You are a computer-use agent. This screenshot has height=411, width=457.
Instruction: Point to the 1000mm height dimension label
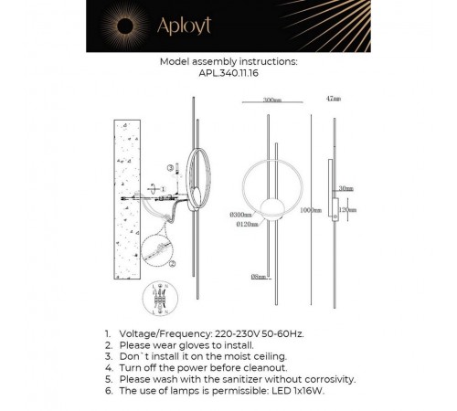[x=309, y=210]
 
